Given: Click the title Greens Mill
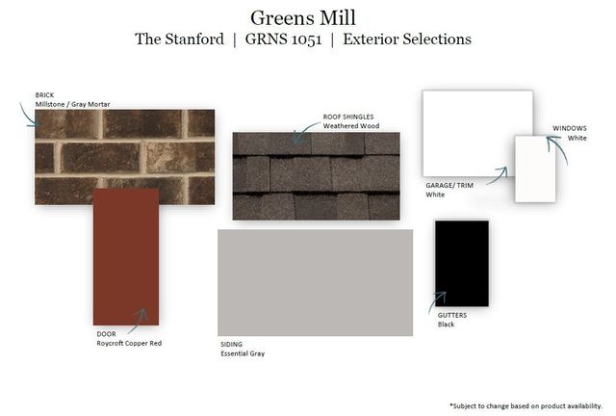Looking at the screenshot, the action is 303,18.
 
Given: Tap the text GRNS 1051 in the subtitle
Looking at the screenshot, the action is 283,39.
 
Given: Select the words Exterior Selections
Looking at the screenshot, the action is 407,39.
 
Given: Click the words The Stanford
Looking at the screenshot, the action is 180,39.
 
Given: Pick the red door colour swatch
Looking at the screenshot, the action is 126,257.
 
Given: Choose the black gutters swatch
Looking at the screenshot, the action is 462,263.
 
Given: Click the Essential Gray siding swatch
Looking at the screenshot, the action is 315,282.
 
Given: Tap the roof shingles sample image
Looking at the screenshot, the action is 317,176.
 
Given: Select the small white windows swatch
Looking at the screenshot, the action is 535,169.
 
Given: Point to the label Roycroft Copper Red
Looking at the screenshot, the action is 129,343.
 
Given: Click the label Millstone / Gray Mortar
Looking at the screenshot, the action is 73,104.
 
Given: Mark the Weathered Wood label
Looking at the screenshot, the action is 351,126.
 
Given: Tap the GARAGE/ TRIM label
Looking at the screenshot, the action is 449,185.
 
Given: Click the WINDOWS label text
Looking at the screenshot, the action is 570,128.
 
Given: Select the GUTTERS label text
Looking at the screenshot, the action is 452,315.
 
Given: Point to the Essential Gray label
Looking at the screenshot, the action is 243,353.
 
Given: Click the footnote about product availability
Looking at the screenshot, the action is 526,405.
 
